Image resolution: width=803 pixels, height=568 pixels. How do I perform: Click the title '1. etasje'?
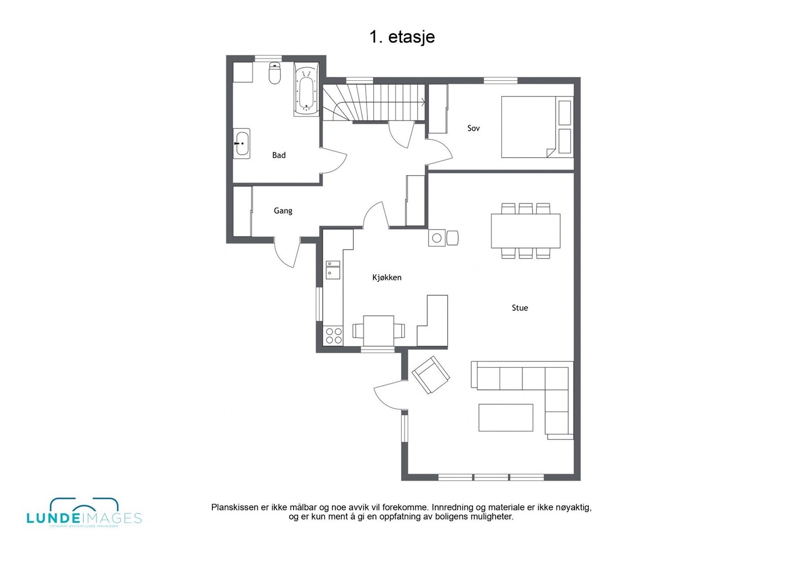click(402, 37)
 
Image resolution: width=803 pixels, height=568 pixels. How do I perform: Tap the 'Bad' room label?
click(279, 155)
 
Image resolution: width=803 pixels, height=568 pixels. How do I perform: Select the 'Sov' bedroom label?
click(473, 128)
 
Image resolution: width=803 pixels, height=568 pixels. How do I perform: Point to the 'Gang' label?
click(283, 210)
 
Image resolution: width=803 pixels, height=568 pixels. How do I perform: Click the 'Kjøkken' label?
click(386, 277)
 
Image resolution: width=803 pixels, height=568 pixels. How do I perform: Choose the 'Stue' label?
click(519, 308)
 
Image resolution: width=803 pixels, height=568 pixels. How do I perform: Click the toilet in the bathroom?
click(275, 73)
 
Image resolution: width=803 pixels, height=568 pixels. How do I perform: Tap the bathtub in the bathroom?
click(306, 90)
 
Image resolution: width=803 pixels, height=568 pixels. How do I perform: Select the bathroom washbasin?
click(241, 144)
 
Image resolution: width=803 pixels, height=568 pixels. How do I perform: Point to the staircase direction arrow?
click(423, 102)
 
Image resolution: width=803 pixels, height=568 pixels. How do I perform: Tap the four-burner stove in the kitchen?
click(333, 336)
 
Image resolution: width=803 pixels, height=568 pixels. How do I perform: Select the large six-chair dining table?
click(525, 231)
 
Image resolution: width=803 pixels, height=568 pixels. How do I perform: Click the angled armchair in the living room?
click(431, 375)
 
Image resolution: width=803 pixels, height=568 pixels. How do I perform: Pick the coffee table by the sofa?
click(505, 417)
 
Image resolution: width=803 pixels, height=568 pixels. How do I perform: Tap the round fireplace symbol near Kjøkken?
click(437, 238)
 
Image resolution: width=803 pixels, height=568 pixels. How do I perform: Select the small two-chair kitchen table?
click(378, 330)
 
